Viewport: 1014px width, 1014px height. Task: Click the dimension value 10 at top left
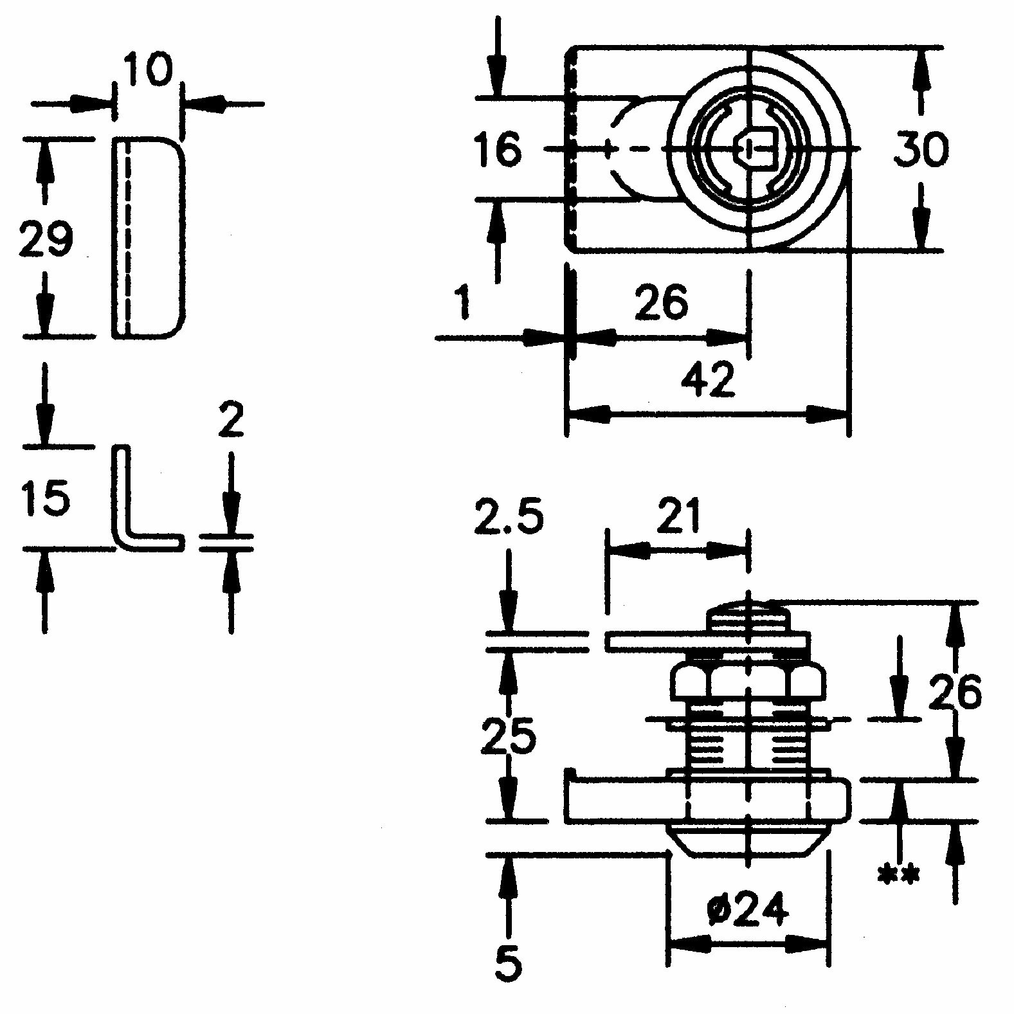(x=149, y=70)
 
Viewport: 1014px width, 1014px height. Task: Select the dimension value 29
(x=46, y=238)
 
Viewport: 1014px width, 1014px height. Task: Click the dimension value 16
(x=498, y=150)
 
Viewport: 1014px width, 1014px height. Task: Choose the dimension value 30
(x=921, y=149)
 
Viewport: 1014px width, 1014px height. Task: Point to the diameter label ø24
(x=747, y=909)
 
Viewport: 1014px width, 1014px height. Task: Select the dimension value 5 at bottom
(x=509, y=963)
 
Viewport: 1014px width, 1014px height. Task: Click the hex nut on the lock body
(x=748, y=683)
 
